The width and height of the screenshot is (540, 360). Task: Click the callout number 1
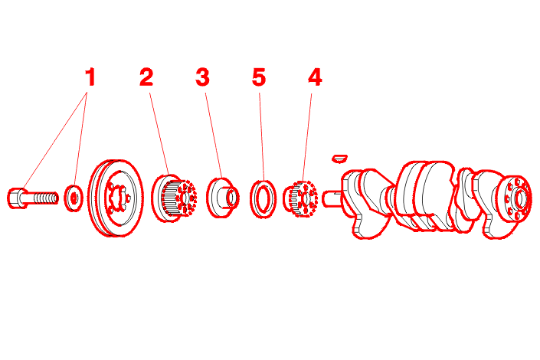pyautogui.click(x=90, y=77)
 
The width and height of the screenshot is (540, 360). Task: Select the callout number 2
pyautogui.click(x=146, y=77)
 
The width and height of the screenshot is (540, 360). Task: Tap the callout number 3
pyautogui.click(x=202, y=77)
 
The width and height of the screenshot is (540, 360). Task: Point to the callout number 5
pyautogui.click(x=259, y=77)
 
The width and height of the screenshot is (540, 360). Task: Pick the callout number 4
pyautogui.click(x=315, y=77)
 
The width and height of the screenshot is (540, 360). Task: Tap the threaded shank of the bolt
pyautogui.click(x=42, y=198)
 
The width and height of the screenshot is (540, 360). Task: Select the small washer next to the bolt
pyautogui.click(x=74, y=198)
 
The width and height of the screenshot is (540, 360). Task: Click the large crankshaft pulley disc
pyautogui.click(x=116, y=198)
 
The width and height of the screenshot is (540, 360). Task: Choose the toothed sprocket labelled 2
pyautogui.click(x=174, y=198)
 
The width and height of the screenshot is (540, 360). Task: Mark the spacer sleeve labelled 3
pyautogui.click(x=222, y=198)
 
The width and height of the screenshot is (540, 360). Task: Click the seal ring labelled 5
pyautogui.click(x=263, y=199)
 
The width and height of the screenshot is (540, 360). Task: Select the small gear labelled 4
pyautogui.click(x=300, y=199)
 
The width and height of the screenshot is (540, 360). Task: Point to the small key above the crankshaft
pyautogui.click(x=339, y=159)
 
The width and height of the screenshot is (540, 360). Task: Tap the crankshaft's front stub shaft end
pyautogui.click(x=332, y=199)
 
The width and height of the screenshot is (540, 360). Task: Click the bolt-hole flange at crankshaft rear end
pyautogui.click(x=517, y=198)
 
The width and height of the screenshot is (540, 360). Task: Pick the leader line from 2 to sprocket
pyautogui.click(x=159, y=134)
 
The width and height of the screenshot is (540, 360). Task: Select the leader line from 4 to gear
pyautogui.click(x=307, y=137)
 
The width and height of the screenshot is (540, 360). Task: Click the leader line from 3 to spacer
pyautogui.click(x=214, y=136)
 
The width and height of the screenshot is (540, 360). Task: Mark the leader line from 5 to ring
pyautogui.click(x=262, y=137)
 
